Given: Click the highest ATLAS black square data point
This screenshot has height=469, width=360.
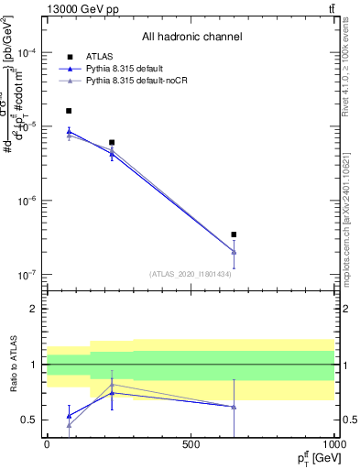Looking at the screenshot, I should [x=69, y=111].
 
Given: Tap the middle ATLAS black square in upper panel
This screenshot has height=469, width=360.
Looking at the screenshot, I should [x=112, y=143].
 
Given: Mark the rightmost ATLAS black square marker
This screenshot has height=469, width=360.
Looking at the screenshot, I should [x=234, y=234].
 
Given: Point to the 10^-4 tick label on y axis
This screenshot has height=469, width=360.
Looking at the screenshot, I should [x=27, y=53].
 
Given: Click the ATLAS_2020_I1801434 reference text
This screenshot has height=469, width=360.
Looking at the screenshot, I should [x=190, y=274].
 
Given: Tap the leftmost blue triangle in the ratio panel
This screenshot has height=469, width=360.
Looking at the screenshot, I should [x=69, y=416].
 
